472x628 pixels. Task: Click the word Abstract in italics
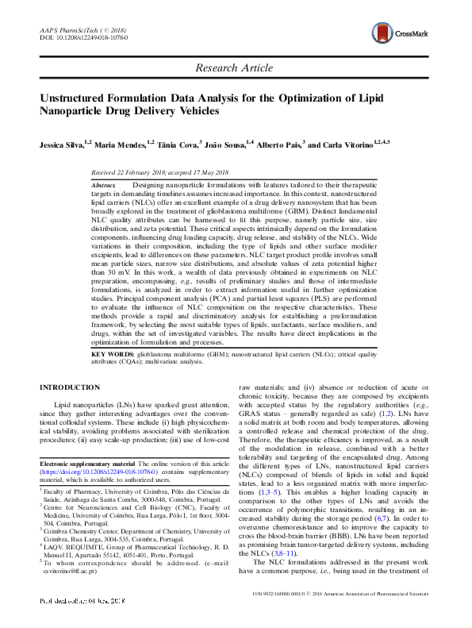tap(105, 184)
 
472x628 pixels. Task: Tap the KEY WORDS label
tap(113, 353)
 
